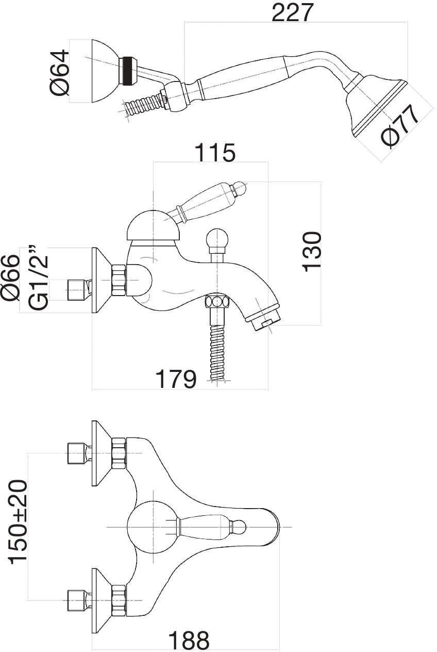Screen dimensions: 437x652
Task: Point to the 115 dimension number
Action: pyautogui.click(x=215, y=153)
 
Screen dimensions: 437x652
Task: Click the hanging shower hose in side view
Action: pyautogui.click(x=217, y=346)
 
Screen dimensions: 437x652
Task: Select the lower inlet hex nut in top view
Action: pyautogui.click(x=119, y=599)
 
